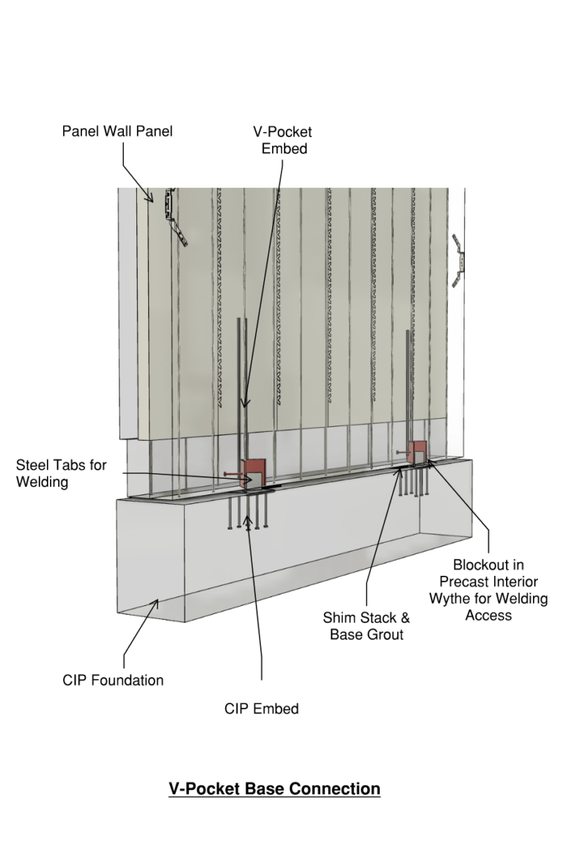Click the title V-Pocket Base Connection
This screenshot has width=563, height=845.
click(274, 789)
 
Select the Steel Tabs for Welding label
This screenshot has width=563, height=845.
click(61, 474)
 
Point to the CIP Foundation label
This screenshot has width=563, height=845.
click(113, 680)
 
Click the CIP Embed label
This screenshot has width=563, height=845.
click(262, 709)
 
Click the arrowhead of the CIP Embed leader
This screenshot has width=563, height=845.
click(249, 522)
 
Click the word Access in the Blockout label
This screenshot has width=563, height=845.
click(488, 615)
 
